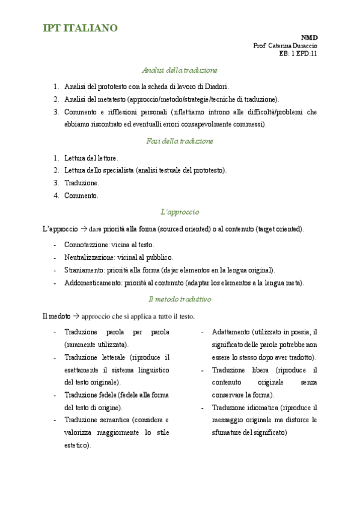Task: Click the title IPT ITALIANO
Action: (x=80, y=28)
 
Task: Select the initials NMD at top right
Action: (x=310, y=37)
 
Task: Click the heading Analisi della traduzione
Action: (x=180, y=70)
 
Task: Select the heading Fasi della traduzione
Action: (x=180, y=141)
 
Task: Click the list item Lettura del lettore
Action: (x=91, y=158)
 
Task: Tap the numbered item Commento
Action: (x=81, y=195)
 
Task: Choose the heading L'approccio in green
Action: (x=180, y=212)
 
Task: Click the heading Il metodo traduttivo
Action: (x=180, y=299)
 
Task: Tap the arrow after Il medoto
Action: (x=76, y=316)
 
